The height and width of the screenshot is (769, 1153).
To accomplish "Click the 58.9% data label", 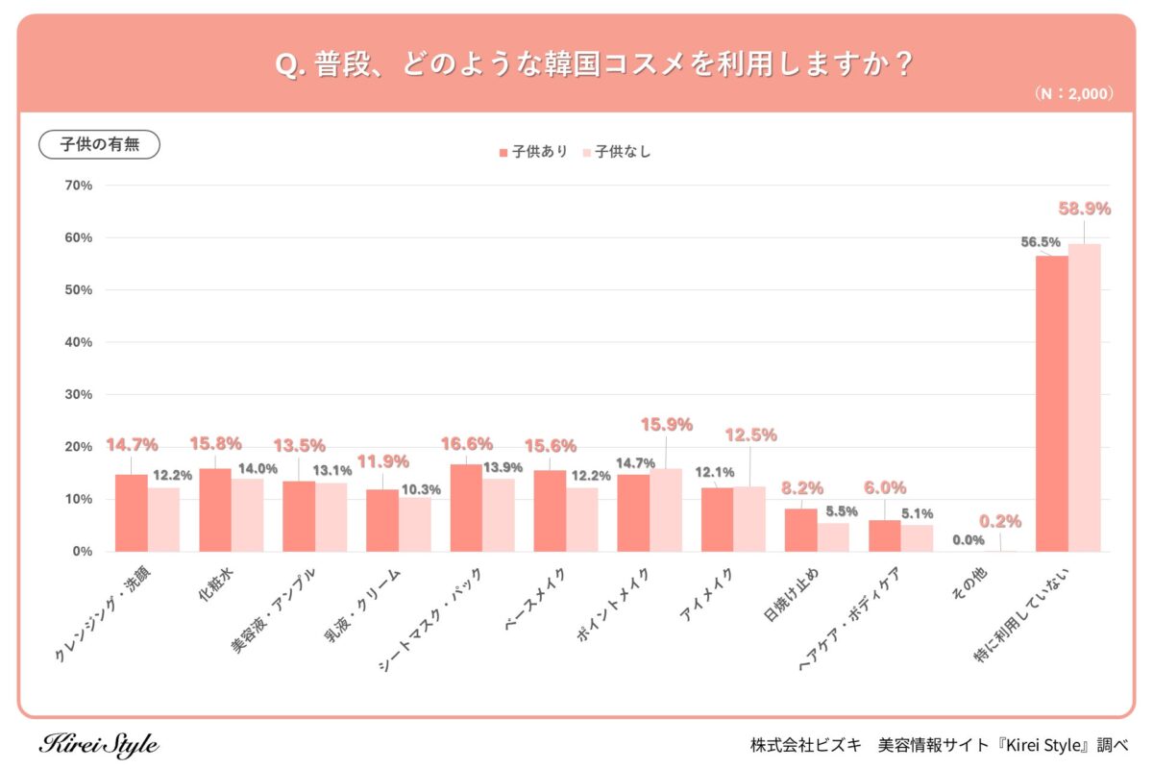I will [x=1084, y=209].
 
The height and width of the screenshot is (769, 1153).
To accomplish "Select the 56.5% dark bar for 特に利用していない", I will [x=1051, y=404].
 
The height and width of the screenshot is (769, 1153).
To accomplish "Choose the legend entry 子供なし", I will [x=617, y=152].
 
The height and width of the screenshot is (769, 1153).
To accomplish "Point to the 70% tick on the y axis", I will [x=78, y=186].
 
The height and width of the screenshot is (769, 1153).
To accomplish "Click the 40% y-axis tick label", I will [x=78, y=342].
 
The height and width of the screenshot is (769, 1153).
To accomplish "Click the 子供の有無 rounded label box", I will [x=99, y=144].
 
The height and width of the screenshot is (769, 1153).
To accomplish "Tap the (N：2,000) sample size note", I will [x=1073, y=94].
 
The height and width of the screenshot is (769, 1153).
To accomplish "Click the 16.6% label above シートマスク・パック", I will [x=466, y=444].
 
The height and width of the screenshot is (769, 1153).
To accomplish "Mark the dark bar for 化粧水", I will [x=214, y=509].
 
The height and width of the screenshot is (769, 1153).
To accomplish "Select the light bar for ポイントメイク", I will [x=666, y=509].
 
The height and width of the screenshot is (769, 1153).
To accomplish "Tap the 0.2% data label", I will [x=1000, y=522].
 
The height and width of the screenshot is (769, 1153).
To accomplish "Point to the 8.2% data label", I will [x=801, y=488].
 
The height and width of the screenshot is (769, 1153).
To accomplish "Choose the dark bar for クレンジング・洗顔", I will [x=131, y=512].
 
